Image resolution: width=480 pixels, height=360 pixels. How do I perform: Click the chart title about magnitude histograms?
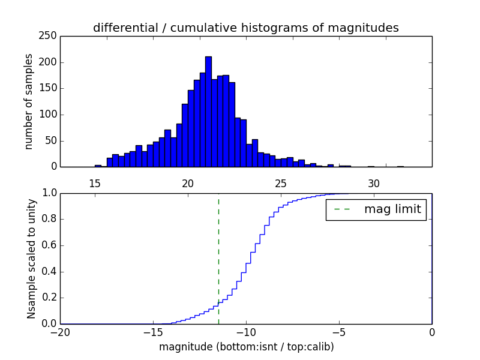(245, 28)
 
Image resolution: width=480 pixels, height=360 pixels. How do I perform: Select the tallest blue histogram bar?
(208, 112)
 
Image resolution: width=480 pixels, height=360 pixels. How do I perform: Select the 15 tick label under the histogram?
(95, 183)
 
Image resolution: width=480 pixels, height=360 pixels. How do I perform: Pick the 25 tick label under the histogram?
(281, 183)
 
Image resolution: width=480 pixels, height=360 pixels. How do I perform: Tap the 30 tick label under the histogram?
(374, 183)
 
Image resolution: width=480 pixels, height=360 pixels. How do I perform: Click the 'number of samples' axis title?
(29, 101)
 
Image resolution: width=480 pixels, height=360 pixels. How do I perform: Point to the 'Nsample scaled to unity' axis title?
(31, 259)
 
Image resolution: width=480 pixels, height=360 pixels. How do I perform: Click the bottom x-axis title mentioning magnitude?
(246, 347)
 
